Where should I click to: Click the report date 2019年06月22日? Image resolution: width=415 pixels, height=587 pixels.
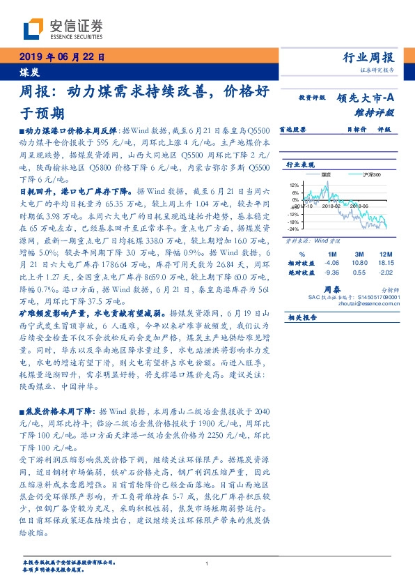(59, 59)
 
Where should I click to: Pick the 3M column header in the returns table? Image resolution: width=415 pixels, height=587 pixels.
(359, 254)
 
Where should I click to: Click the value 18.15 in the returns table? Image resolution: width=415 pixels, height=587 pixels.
(385, 264)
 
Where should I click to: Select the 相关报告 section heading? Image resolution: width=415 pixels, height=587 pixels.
(302, 317)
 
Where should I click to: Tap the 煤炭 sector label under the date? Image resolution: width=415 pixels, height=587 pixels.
(27, 72)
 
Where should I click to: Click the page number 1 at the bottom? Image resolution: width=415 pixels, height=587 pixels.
(207, 564)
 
